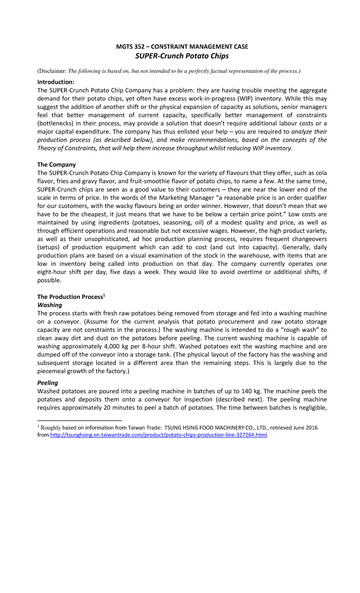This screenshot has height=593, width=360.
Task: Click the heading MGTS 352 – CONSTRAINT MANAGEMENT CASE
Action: click(x=182, y=47)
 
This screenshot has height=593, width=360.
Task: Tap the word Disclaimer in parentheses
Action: click(x=52, y=71)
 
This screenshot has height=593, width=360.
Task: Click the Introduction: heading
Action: click(x=56, y=82)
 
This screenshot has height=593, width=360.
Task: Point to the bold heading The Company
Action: click(x=56, y=164)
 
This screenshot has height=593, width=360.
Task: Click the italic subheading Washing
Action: click(x=49, y=305)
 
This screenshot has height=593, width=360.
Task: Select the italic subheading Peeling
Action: click(x=47, y=383)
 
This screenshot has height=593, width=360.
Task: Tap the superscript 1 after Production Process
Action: click(x=104, y=295)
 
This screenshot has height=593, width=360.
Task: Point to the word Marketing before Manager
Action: click(x=173, y=198)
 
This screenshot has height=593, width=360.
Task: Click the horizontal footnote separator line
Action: click(x=79, y=420)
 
